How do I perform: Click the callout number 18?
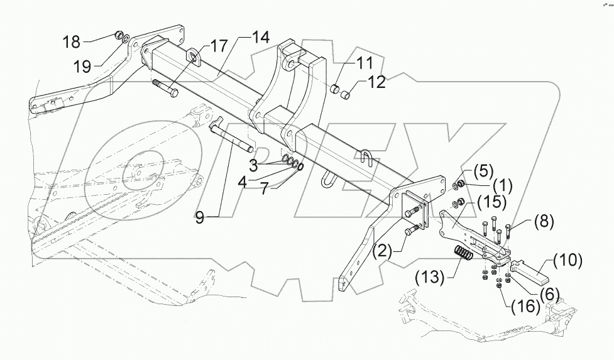72,42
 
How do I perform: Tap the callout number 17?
219,46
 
